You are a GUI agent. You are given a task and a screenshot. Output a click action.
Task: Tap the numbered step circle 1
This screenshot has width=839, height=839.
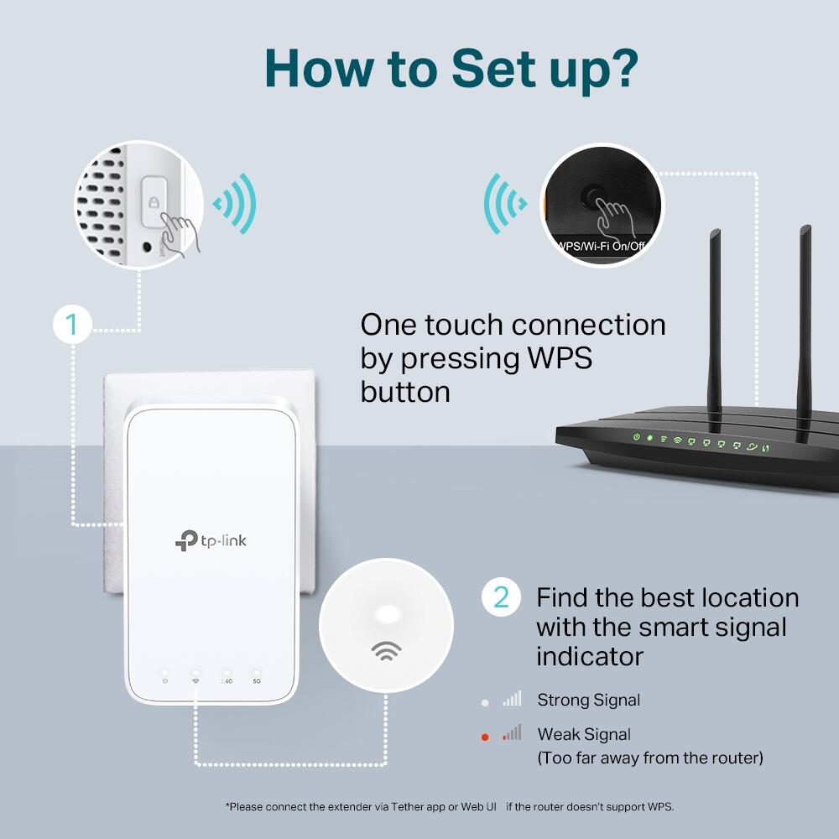click(71, 325)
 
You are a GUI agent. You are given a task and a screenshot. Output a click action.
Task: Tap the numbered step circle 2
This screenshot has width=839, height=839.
click(501, 597)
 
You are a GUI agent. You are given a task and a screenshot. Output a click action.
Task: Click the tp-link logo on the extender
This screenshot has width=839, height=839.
click(211, 541)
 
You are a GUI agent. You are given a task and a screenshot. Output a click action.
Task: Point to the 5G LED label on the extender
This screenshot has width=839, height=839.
click(256, 680)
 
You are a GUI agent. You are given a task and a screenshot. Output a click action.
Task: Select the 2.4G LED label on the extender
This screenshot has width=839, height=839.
click(226, 680)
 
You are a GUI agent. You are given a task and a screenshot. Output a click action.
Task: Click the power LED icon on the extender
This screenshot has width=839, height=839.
click(164, 680)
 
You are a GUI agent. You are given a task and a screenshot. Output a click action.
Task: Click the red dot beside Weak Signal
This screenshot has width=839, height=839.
click(485, 737)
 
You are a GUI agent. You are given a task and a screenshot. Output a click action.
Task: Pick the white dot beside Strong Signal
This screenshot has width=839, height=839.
click(485, 701)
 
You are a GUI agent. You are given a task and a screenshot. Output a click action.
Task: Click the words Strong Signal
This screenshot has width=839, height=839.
click(588, 700)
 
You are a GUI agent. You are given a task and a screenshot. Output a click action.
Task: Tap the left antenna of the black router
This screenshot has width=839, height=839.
click(717, 319)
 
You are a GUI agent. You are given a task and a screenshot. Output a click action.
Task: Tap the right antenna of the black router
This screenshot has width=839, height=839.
click(805, 327)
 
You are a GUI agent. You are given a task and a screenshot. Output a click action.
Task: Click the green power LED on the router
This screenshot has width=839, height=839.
click(637, 438)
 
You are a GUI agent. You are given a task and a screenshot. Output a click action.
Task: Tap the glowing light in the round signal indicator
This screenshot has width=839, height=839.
click(387, 613)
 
